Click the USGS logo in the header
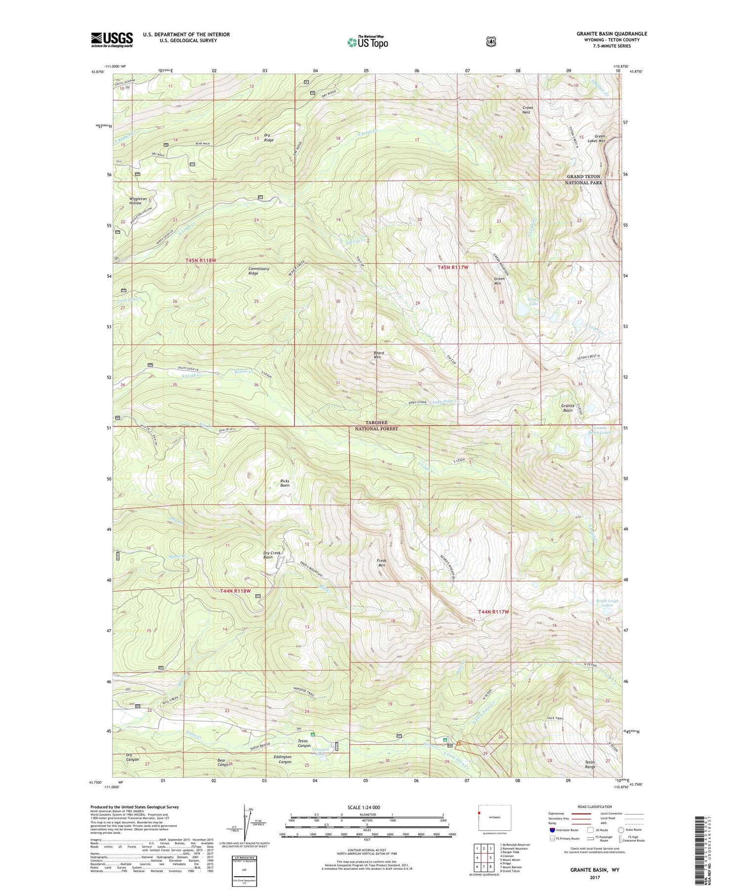112,40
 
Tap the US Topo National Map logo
368,42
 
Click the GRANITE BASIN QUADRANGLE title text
612,34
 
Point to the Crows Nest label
527,110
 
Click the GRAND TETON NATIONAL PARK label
583,179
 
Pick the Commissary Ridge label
259,271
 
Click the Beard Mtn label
378,355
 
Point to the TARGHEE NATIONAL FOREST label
376,426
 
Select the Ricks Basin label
285,483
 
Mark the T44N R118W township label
235,591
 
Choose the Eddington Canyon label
283,759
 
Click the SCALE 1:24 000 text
364,807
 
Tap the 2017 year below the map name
594,878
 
